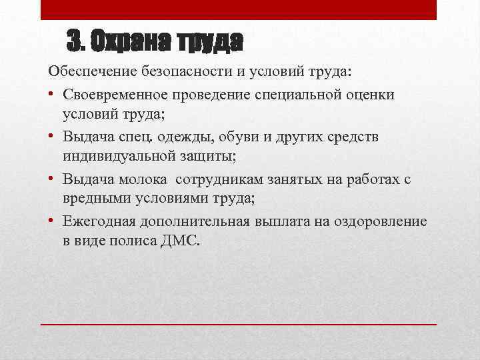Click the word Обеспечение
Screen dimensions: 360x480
click(x=90, y=71)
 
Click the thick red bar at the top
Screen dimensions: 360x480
click(x=239, y=10)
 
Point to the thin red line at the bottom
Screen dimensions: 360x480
click(x=239, y=323)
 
